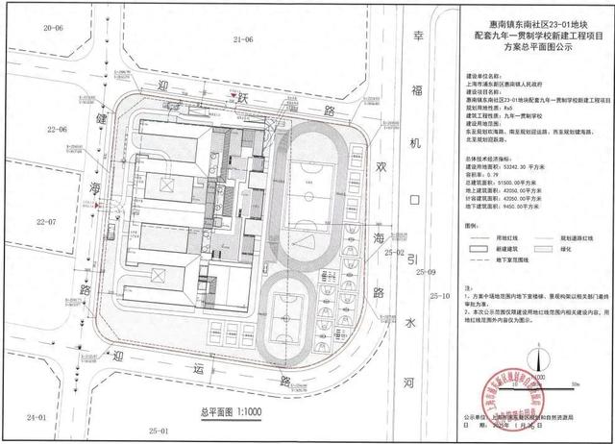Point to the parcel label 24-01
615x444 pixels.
point(38,416)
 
